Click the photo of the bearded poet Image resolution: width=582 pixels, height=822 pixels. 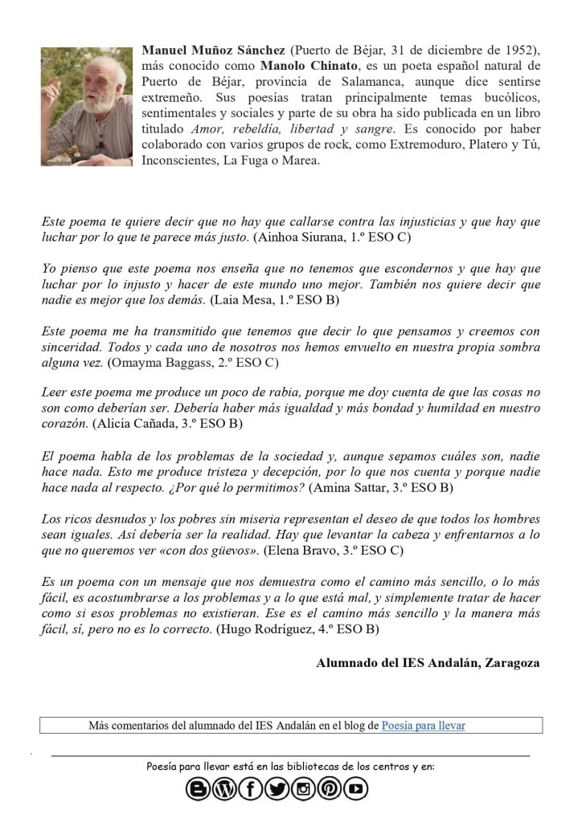86,106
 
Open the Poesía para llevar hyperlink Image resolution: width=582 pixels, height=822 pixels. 424,726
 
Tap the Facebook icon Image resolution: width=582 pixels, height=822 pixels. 249,790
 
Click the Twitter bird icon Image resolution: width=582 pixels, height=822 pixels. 276,790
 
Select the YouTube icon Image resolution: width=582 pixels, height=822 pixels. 355,790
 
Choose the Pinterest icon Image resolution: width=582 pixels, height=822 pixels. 329,790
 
